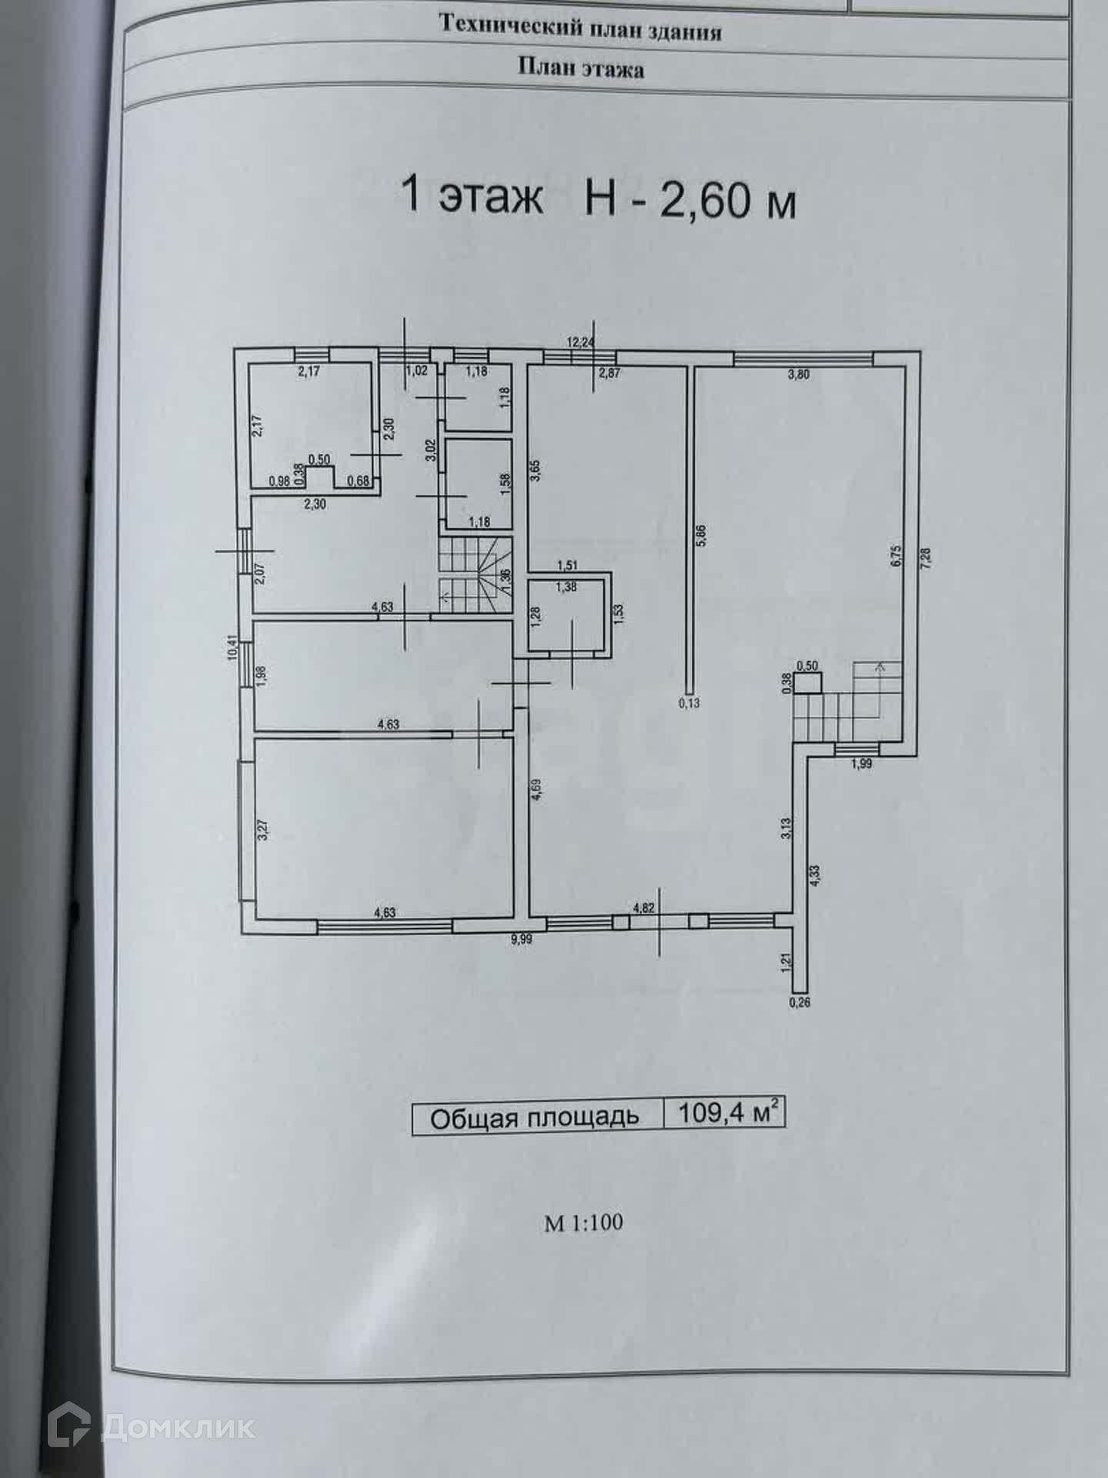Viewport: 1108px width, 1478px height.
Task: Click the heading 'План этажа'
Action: coord(580,69)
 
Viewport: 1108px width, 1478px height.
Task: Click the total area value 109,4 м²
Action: coord(724,1113)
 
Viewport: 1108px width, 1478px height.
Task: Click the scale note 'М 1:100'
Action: coord(583,1222)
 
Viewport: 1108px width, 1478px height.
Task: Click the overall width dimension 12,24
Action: coord(580,343)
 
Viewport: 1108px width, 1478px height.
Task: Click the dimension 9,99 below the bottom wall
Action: coord(521,938)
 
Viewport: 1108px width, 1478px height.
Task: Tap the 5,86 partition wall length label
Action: coord(700,535)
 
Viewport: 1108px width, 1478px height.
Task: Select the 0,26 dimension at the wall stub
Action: coord(800,1002)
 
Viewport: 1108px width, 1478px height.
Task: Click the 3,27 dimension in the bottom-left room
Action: coord(262,829)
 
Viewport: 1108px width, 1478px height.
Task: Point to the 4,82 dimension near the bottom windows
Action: coord(643,908)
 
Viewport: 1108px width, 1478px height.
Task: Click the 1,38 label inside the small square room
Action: coord(566,587)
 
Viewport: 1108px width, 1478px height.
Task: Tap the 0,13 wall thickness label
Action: coord(689,702)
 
